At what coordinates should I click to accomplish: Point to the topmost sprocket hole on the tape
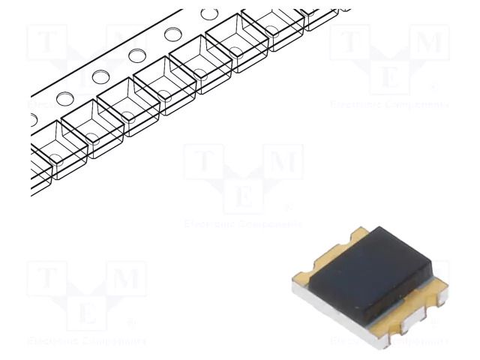pos(209,13)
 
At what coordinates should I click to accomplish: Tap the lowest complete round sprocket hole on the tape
pos(64,98)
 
